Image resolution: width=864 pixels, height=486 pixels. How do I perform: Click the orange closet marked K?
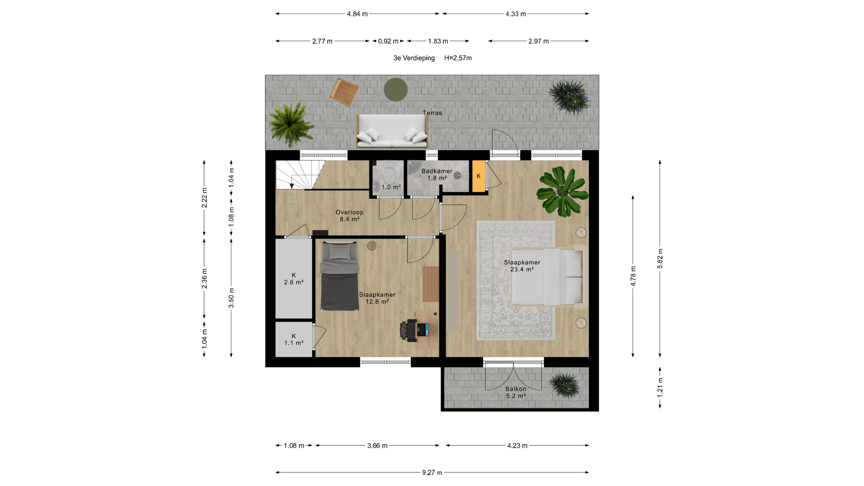point(479,176)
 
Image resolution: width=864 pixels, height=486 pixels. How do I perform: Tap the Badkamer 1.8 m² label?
point(437,175)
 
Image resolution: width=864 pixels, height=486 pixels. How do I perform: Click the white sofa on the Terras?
point(391,131)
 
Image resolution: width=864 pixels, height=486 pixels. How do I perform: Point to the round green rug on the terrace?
point(396,90)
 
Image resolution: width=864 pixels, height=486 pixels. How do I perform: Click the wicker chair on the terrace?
point(344,92)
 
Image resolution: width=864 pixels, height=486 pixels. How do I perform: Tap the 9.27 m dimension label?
point(432,472)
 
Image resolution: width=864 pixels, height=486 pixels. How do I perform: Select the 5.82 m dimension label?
point(660,259)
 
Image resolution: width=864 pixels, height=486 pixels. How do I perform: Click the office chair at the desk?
point(408,330)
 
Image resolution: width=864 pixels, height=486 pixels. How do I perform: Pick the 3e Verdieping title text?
point(414,58)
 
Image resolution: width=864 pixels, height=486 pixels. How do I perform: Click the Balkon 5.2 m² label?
point(516,392)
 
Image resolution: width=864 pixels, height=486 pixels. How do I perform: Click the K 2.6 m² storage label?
point(294,279)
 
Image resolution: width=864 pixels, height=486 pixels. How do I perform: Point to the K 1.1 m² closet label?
point(294,339)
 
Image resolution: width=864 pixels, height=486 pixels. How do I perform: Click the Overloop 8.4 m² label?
point(350,216)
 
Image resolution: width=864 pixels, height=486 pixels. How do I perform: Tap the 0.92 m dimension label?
point(388,41)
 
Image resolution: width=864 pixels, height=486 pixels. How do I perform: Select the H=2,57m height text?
point(458,58)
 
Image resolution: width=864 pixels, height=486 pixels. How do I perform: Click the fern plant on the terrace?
point(291,124)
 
